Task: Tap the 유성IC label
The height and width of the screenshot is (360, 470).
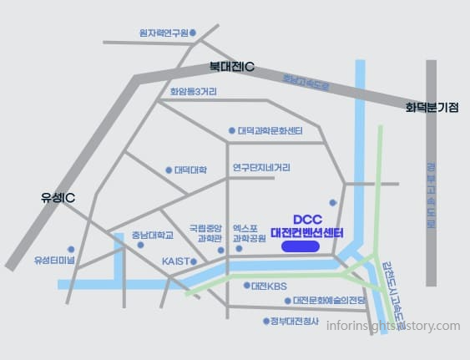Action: point(58,198)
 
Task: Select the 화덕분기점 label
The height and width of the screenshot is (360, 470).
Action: point(432,108)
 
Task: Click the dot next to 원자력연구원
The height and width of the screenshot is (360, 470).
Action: point(193,33)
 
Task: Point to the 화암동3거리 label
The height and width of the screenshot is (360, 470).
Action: point(193,92)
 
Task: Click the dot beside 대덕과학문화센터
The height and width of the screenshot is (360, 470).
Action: point(232,131)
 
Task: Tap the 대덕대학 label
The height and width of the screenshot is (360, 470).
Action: point(190,170)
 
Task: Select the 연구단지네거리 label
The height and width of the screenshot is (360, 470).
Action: point(261,167)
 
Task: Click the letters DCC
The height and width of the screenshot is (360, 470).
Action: point(307,220)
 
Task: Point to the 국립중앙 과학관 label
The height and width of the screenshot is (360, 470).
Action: point(206,232)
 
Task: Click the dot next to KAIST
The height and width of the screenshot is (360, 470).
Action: point(194,261)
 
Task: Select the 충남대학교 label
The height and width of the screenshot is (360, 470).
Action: point(152,236)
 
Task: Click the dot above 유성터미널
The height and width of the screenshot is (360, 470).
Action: point(71,249)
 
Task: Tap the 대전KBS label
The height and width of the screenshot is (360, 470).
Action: point(269,286)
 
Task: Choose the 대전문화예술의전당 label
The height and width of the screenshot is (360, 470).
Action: point(325,301)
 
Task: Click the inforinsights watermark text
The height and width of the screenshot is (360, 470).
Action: point(393,327)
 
